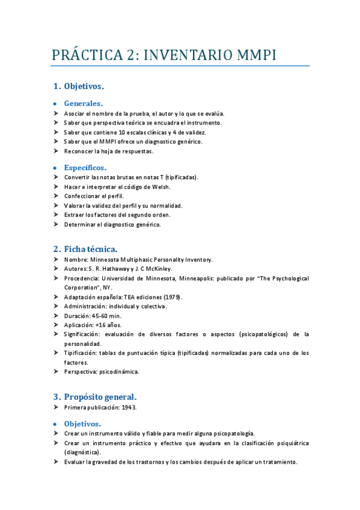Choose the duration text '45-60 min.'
(105, 315)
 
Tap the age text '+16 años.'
(106, 325)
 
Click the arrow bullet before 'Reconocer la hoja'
(55, 151)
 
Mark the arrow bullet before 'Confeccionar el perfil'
(55, 195)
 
